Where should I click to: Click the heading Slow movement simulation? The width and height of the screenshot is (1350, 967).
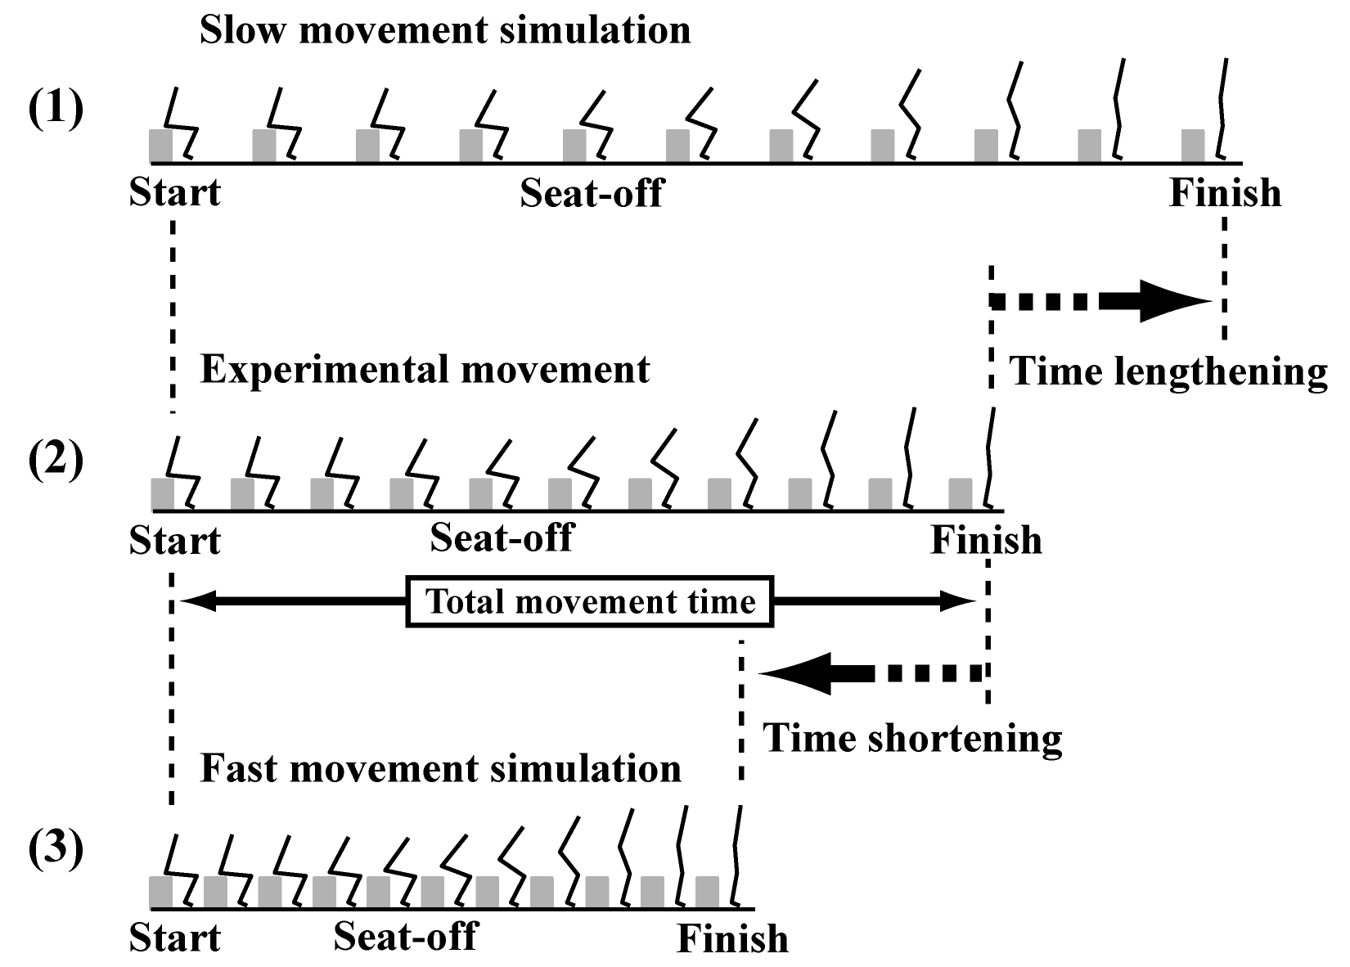(445, 29)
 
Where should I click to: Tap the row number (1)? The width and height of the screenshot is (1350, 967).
(56, 108)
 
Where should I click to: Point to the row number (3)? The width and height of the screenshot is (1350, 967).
(56, 848)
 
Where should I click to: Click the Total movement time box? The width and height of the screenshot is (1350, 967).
(590, 601)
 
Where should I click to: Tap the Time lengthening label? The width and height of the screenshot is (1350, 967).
(1168, 372)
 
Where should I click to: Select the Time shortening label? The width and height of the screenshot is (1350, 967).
(912, 739)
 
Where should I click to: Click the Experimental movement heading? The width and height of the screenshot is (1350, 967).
(425, 370)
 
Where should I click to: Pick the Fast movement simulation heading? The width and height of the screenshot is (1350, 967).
(440, 769)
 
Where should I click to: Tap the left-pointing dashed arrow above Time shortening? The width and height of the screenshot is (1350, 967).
(871, 673)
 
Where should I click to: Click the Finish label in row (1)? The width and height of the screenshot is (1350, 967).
(1226, 193)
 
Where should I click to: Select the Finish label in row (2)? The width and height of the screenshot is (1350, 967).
(987, 540)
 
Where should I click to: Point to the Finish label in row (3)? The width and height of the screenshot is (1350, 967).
(733, 938)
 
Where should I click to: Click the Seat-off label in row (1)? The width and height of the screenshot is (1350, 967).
(592, 193)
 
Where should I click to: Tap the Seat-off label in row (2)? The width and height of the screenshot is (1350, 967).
(502, 537)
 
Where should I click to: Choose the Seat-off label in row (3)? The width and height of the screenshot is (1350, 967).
(406, 936)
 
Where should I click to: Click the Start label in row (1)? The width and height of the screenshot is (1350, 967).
(175, 193)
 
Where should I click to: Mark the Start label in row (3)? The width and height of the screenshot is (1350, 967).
(175, 938)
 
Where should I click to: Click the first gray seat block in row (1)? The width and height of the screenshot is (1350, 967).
(161, 146)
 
